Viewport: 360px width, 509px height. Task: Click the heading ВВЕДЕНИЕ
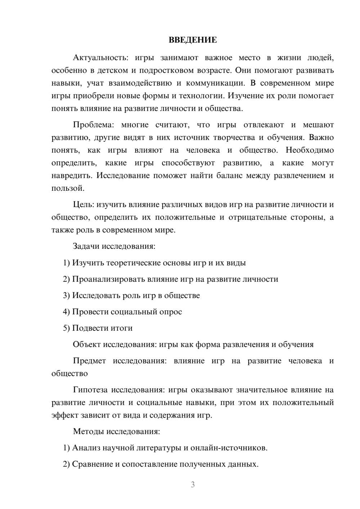point(193,40)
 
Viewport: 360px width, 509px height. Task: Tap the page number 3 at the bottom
point(193,485)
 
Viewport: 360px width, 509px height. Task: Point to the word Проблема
point(93,125)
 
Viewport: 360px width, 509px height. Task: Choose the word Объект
point(86,344)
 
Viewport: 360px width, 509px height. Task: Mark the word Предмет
point(89,361)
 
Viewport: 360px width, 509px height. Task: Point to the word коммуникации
point(215,83)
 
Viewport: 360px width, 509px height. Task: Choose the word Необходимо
point(310,150)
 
